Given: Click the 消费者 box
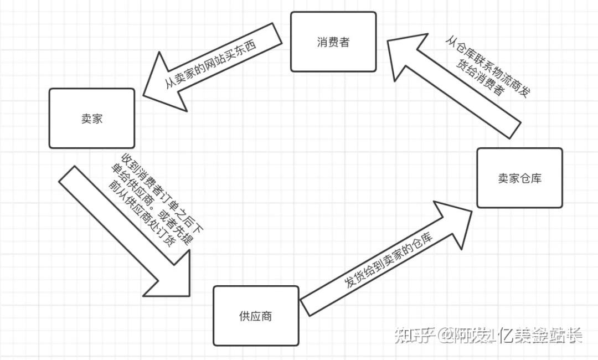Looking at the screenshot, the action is [x=333, y=42].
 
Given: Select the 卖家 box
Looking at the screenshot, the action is [x=91, y=118].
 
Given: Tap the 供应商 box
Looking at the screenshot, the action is [x=256, y=316].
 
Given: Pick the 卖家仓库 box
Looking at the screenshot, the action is [x=519, y=178].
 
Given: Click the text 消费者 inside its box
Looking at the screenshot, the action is [x=333, y=42].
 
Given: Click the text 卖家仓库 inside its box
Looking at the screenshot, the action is [x=519, y=178].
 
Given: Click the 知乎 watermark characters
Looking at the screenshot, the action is [x=410, y=335].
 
